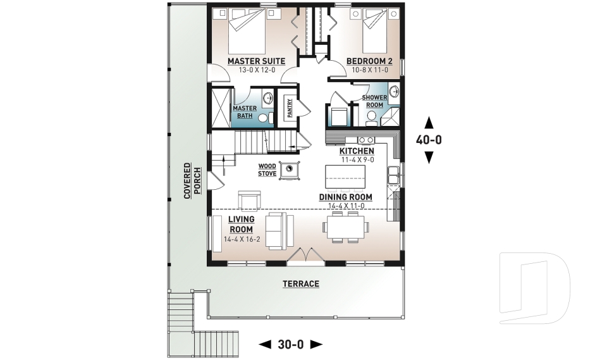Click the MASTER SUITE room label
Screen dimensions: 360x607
tap(256, 61)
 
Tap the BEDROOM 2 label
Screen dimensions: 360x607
tap(369, 61)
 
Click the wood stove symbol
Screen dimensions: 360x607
tap(290, 170)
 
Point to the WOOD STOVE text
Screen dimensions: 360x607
tap(267, 170)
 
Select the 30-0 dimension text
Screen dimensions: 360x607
tap(291, 344)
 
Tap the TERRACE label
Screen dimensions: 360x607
tap(300, 284)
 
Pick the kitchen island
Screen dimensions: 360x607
tap(345, 176)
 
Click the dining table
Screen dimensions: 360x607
tap(345, 227)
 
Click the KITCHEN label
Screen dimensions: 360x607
tap(357, 151)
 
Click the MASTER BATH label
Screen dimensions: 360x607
tap(245, 112)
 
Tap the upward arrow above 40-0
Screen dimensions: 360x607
tap(429, 122)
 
